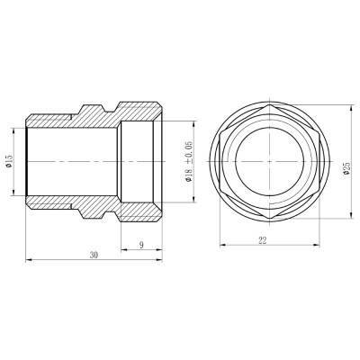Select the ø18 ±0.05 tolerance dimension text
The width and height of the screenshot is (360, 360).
tap(189, 164)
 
